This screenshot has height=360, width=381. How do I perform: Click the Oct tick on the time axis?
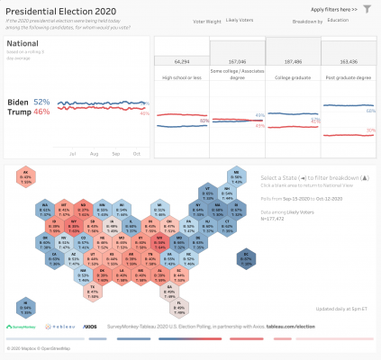click(x=137, y=154)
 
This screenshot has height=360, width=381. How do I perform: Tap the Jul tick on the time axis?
click(x=70, y=154)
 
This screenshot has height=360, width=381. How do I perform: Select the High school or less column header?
click(x=181, y=77)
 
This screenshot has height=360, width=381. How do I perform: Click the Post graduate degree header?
click(x=348, y=77)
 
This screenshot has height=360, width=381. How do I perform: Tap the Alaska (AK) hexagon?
click(x=27, y=177)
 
